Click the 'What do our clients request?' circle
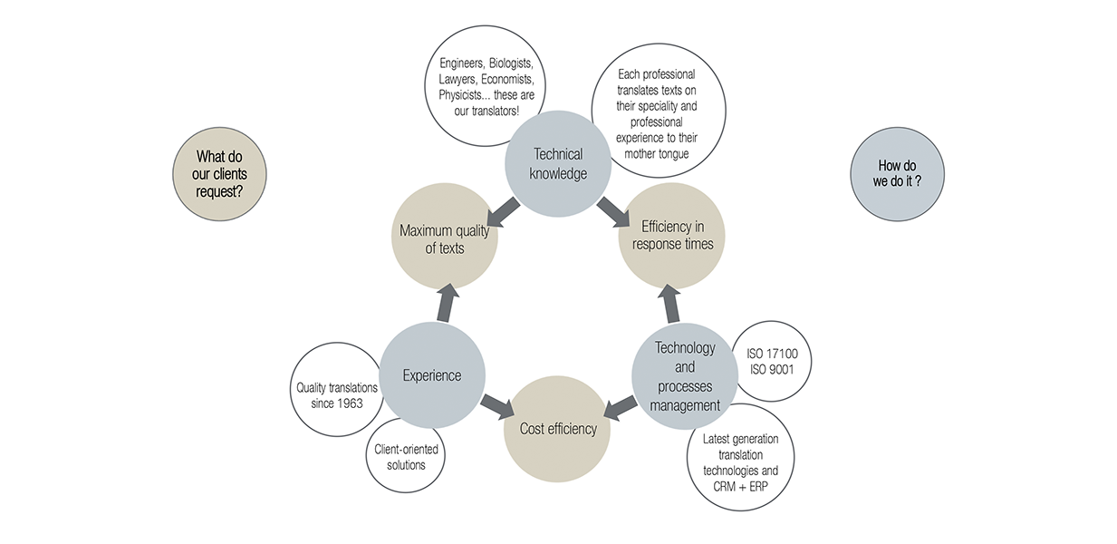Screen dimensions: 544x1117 (219, 174)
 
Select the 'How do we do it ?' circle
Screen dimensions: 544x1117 (898, 174)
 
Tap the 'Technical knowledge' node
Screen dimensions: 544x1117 (558, 163)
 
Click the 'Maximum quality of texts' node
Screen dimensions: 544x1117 (444, 238)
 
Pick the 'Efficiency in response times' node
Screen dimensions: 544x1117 (671, 236)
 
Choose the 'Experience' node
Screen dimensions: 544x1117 (431, 375)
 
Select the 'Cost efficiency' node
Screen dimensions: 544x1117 (557, 428)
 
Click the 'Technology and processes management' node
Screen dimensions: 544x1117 (684, 375)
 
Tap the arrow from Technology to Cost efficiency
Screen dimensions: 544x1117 (619, 407)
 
